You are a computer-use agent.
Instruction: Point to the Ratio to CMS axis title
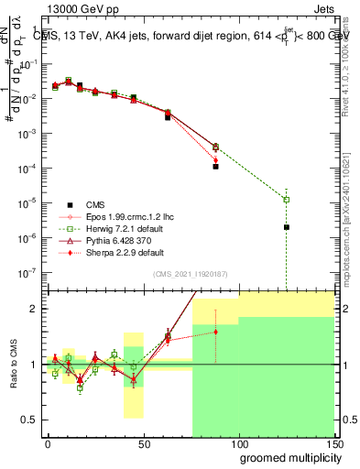click(x=15, y=365)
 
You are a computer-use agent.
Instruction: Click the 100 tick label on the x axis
click(x=238, y=441)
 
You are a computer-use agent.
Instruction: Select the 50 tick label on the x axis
click(x=143, y=441)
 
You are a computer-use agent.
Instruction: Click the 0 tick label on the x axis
click(x=48, y=441)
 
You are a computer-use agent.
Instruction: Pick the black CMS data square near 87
click(x=215, y=167)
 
